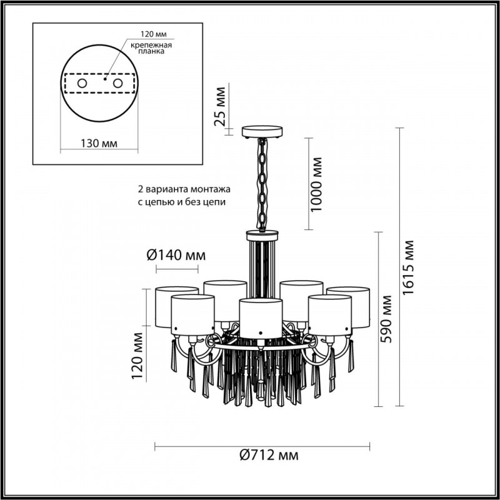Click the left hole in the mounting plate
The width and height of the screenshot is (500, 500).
click(82, 82)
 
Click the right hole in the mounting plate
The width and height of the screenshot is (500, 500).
click(117, 82)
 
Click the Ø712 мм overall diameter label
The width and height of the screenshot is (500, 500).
click(262, 456)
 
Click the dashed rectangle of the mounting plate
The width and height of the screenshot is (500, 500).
click(99, 82)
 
